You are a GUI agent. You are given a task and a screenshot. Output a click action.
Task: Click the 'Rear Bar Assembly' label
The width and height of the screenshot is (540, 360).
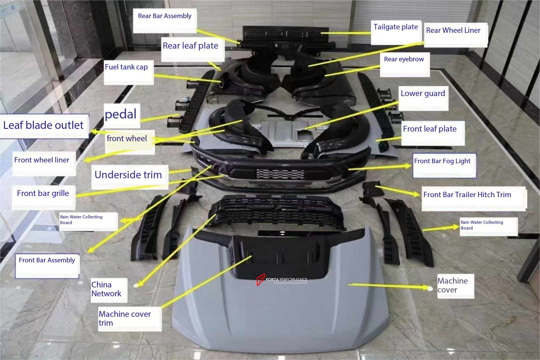[x=165, y=16]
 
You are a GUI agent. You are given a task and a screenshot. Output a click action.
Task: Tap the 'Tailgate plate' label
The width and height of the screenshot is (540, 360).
[x=395, y=27]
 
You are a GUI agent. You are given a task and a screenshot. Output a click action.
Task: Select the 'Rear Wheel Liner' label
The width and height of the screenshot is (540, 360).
[x=453, y=30]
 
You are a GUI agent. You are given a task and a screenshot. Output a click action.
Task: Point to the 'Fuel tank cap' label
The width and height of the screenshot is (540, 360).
[x=126, y=67]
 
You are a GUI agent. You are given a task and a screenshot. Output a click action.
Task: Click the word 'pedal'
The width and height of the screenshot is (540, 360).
[x=121, y=114]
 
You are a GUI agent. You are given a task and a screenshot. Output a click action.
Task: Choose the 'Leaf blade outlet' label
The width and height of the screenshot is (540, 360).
[x=43, y=125]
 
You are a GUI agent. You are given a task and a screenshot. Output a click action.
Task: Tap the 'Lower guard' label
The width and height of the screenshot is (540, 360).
[x=423, y=93]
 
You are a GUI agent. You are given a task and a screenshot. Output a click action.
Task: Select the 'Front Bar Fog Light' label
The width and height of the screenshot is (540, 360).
[x=442, y=161]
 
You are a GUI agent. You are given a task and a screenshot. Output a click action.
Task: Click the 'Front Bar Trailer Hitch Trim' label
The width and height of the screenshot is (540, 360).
[x=467, y=195]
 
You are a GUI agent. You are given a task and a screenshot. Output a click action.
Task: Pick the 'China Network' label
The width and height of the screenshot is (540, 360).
[x=106, y=289]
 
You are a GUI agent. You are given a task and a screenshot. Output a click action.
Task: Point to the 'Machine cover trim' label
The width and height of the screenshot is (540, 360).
[x=125, y=318]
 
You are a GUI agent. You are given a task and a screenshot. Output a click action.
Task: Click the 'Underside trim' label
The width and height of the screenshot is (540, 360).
[x=128, y=175]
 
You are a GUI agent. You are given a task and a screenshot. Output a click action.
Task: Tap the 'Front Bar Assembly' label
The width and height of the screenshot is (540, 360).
[x=47, y=260]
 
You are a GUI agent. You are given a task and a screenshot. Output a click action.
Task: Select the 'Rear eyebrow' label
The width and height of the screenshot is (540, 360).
[x=404, y=59]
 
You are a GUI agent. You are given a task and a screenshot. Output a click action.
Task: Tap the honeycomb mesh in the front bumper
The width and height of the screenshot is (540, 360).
[x=280, y=174]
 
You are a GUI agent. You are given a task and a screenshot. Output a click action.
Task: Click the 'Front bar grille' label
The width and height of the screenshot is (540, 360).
[x=43, y=193]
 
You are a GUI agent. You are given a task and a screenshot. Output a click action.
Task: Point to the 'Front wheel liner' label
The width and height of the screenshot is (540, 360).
[x=42, y=160]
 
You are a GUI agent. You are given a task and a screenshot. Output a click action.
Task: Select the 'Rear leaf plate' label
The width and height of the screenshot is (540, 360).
[x=190, y=46]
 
